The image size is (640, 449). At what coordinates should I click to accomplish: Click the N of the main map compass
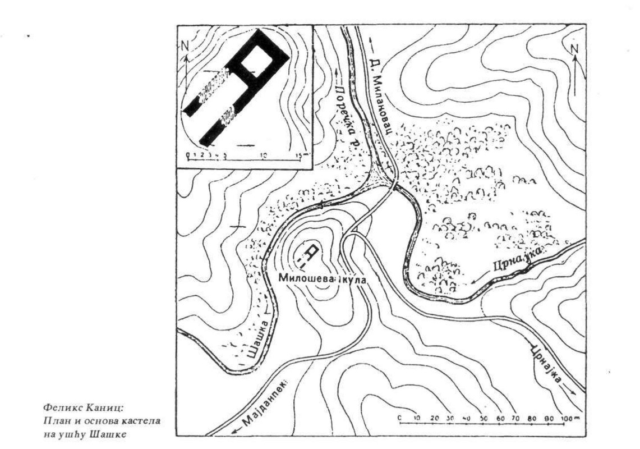574,49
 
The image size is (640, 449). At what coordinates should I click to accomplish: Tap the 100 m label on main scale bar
570,418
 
